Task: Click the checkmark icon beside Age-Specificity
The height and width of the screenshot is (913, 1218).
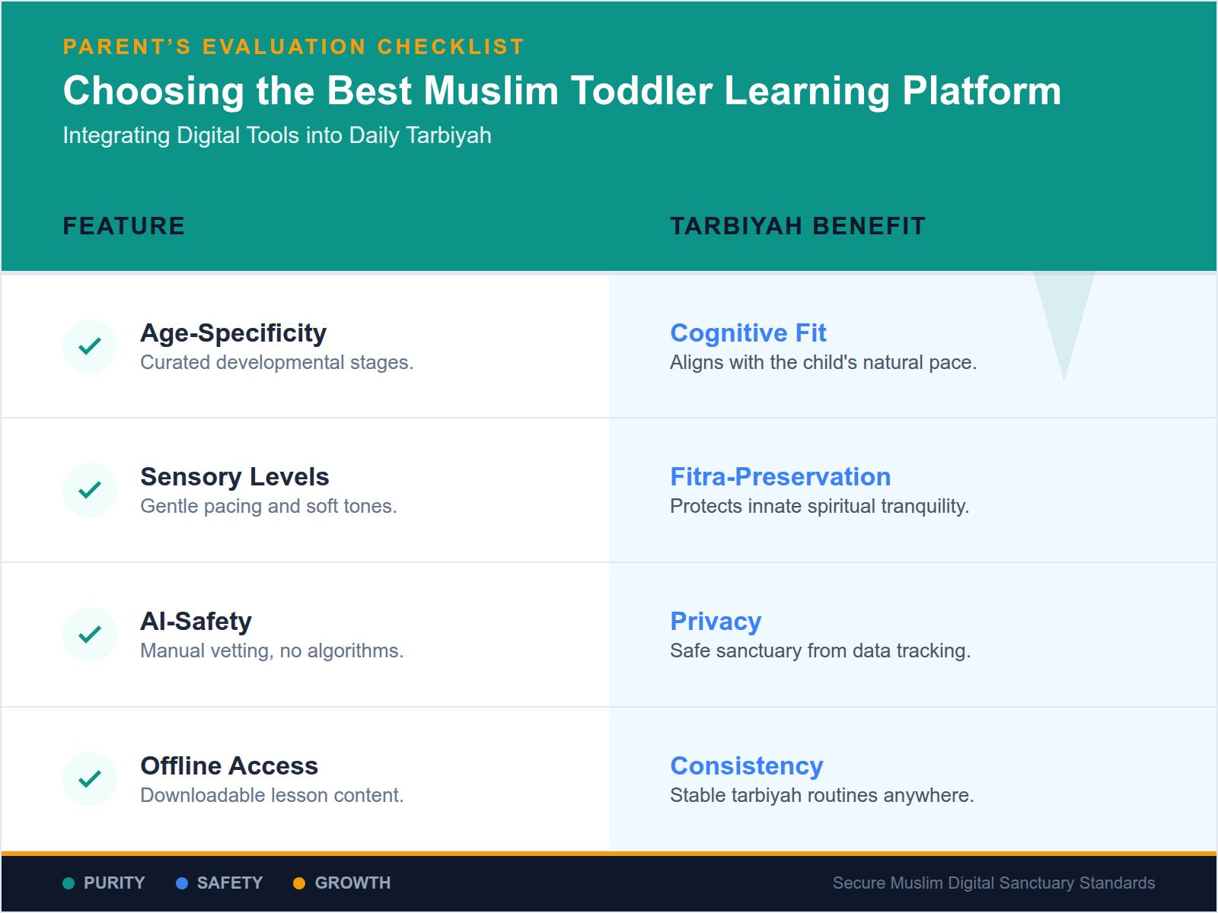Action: (90, 346)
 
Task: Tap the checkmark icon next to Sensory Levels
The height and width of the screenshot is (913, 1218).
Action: (90, 490)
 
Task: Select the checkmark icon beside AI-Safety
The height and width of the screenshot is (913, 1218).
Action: (90, 635)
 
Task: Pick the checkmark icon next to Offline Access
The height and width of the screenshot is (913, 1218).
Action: (90, 779)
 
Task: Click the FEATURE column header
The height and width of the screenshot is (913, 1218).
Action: (123, 226)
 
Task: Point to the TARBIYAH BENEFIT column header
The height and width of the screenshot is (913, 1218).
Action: (797, 226)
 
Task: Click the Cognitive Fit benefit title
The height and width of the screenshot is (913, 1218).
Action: (748, 333)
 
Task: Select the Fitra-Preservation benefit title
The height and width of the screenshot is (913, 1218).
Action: (780, 477)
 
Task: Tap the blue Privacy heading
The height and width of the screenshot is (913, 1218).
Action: (716, 622)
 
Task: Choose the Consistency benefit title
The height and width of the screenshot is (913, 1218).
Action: (746, 766)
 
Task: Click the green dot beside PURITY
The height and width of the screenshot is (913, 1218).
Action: (69, 883)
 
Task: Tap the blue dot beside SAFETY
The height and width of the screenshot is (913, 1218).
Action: (182, 883)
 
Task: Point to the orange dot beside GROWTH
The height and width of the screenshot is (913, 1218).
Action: (299, 883)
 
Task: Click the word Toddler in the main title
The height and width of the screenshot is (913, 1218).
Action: (641, 91)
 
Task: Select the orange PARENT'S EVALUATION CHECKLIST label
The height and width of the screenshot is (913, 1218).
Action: (294, 47)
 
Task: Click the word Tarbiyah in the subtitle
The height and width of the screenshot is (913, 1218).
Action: (448, 135)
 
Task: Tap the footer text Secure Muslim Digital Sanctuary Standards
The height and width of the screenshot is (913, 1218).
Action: (993, 883)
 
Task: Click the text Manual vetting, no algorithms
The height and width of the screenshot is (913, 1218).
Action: (272, 651)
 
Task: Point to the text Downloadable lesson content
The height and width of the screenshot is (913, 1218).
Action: (272, 796)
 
